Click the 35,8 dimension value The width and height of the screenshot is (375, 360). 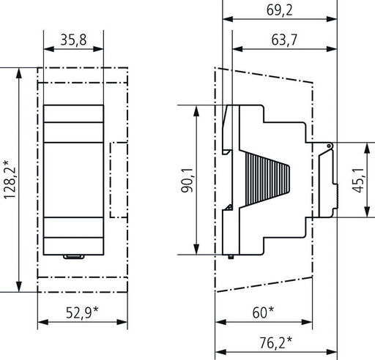(x=73, y=40)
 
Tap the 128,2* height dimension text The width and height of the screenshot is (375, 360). (x=10, y=180)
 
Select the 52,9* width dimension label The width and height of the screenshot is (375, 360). (x=82, y=312)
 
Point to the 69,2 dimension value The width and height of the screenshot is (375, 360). (x=279, y=10)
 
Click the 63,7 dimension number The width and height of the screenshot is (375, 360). (x=284, y=40)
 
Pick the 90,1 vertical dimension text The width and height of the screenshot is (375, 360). (x=187, y=180)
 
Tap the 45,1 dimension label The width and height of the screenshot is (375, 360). (x=358, y=180)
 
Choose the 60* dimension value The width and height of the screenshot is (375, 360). (x=263, y=312)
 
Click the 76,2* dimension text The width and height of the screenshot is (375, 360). (x=275, y=342)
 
